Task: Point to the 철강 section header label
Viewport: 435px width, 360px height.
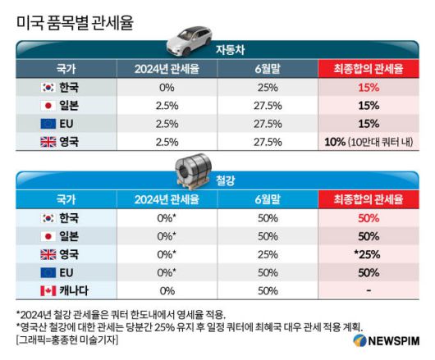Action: [x=224, y=181]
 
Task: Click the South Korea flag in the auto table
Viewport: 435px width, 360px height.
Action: [x=48, y=86]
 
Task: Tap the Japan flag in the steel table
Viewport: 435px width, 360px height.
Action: [x=48, y=236]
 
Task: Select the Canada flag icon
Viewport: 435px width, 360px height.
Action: [x=48, y=290]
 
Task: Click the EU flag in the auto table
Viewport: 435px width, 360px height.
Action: [x=48, y=123]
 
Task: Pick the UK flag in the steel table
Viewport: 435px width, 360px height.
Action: [x=48, y=254]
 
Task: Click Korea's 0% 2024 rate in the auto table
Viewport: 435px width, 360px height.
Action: [x=167, y=86]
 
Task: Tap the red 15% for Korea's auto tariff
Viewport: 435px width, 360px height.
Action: [x=369, y=86]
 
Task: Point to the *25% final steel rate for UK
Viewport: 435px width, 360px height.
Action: [x=369, y=254]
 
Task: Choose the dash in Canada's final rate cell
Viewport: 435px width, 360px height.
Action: [x=369, y=290]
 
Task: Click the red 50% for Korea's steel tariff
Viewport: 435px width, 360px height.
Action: [x=369, y=218]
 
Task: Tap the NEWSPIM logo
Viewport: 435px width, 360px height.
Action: [x=385, y=340]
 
